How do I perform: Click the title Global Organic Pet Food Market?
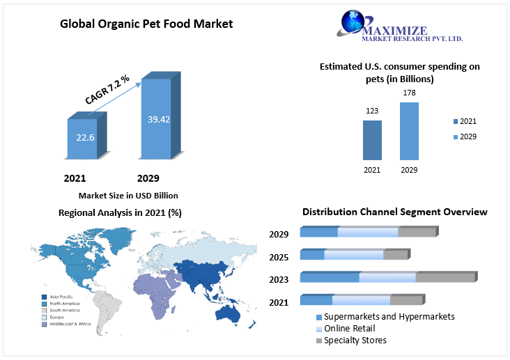[x=146, y=24]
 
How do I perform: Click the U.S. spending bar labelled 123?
[x=372, y=141]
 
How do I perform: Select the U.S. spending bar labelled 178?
[x=409, y=132]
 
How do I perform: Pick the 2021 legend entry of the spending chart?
[x=463, y=121]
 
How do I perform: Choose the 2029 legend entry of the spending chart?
[x=463, y=136]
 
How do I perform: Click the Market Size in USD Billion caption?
[x=128, y=195]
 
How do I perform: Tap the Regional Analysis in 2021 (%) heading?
[x=120, y=212]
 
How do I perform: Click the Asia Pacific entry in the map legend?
[x=59, y=297]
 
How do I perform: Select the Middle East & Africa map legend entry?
[x=66, y=324]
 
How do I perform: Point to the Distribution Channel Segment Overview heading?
[x=394, y=212]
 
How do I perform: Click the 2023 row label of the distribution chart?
[x=279, y=279]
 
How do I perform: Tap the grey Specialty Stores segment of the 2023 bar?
[x=445, y=277]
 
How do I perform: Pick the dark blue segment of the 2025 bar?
[x=312, y=255]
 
